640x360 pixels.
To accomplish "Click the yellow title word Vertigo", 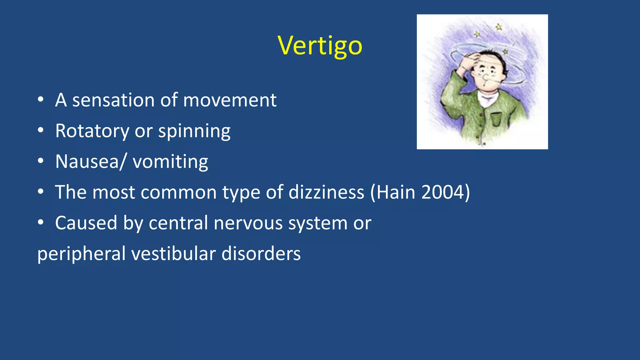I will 320,46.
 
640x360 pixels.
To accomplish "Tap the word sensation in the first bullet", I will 113,100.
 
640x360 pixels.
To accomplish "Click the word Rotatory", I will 92,131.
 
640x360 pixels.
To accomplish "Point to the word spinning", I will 194,132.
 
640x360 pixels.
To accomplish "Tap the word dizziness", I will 326,192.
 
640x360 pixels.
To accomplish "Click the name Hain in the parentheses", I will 396,192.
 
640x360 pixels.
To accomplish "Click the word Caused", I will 86,223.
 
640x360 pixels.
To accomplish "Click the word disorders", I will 261,253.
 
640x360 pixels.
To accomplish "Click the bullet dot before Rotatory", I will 40,131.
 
